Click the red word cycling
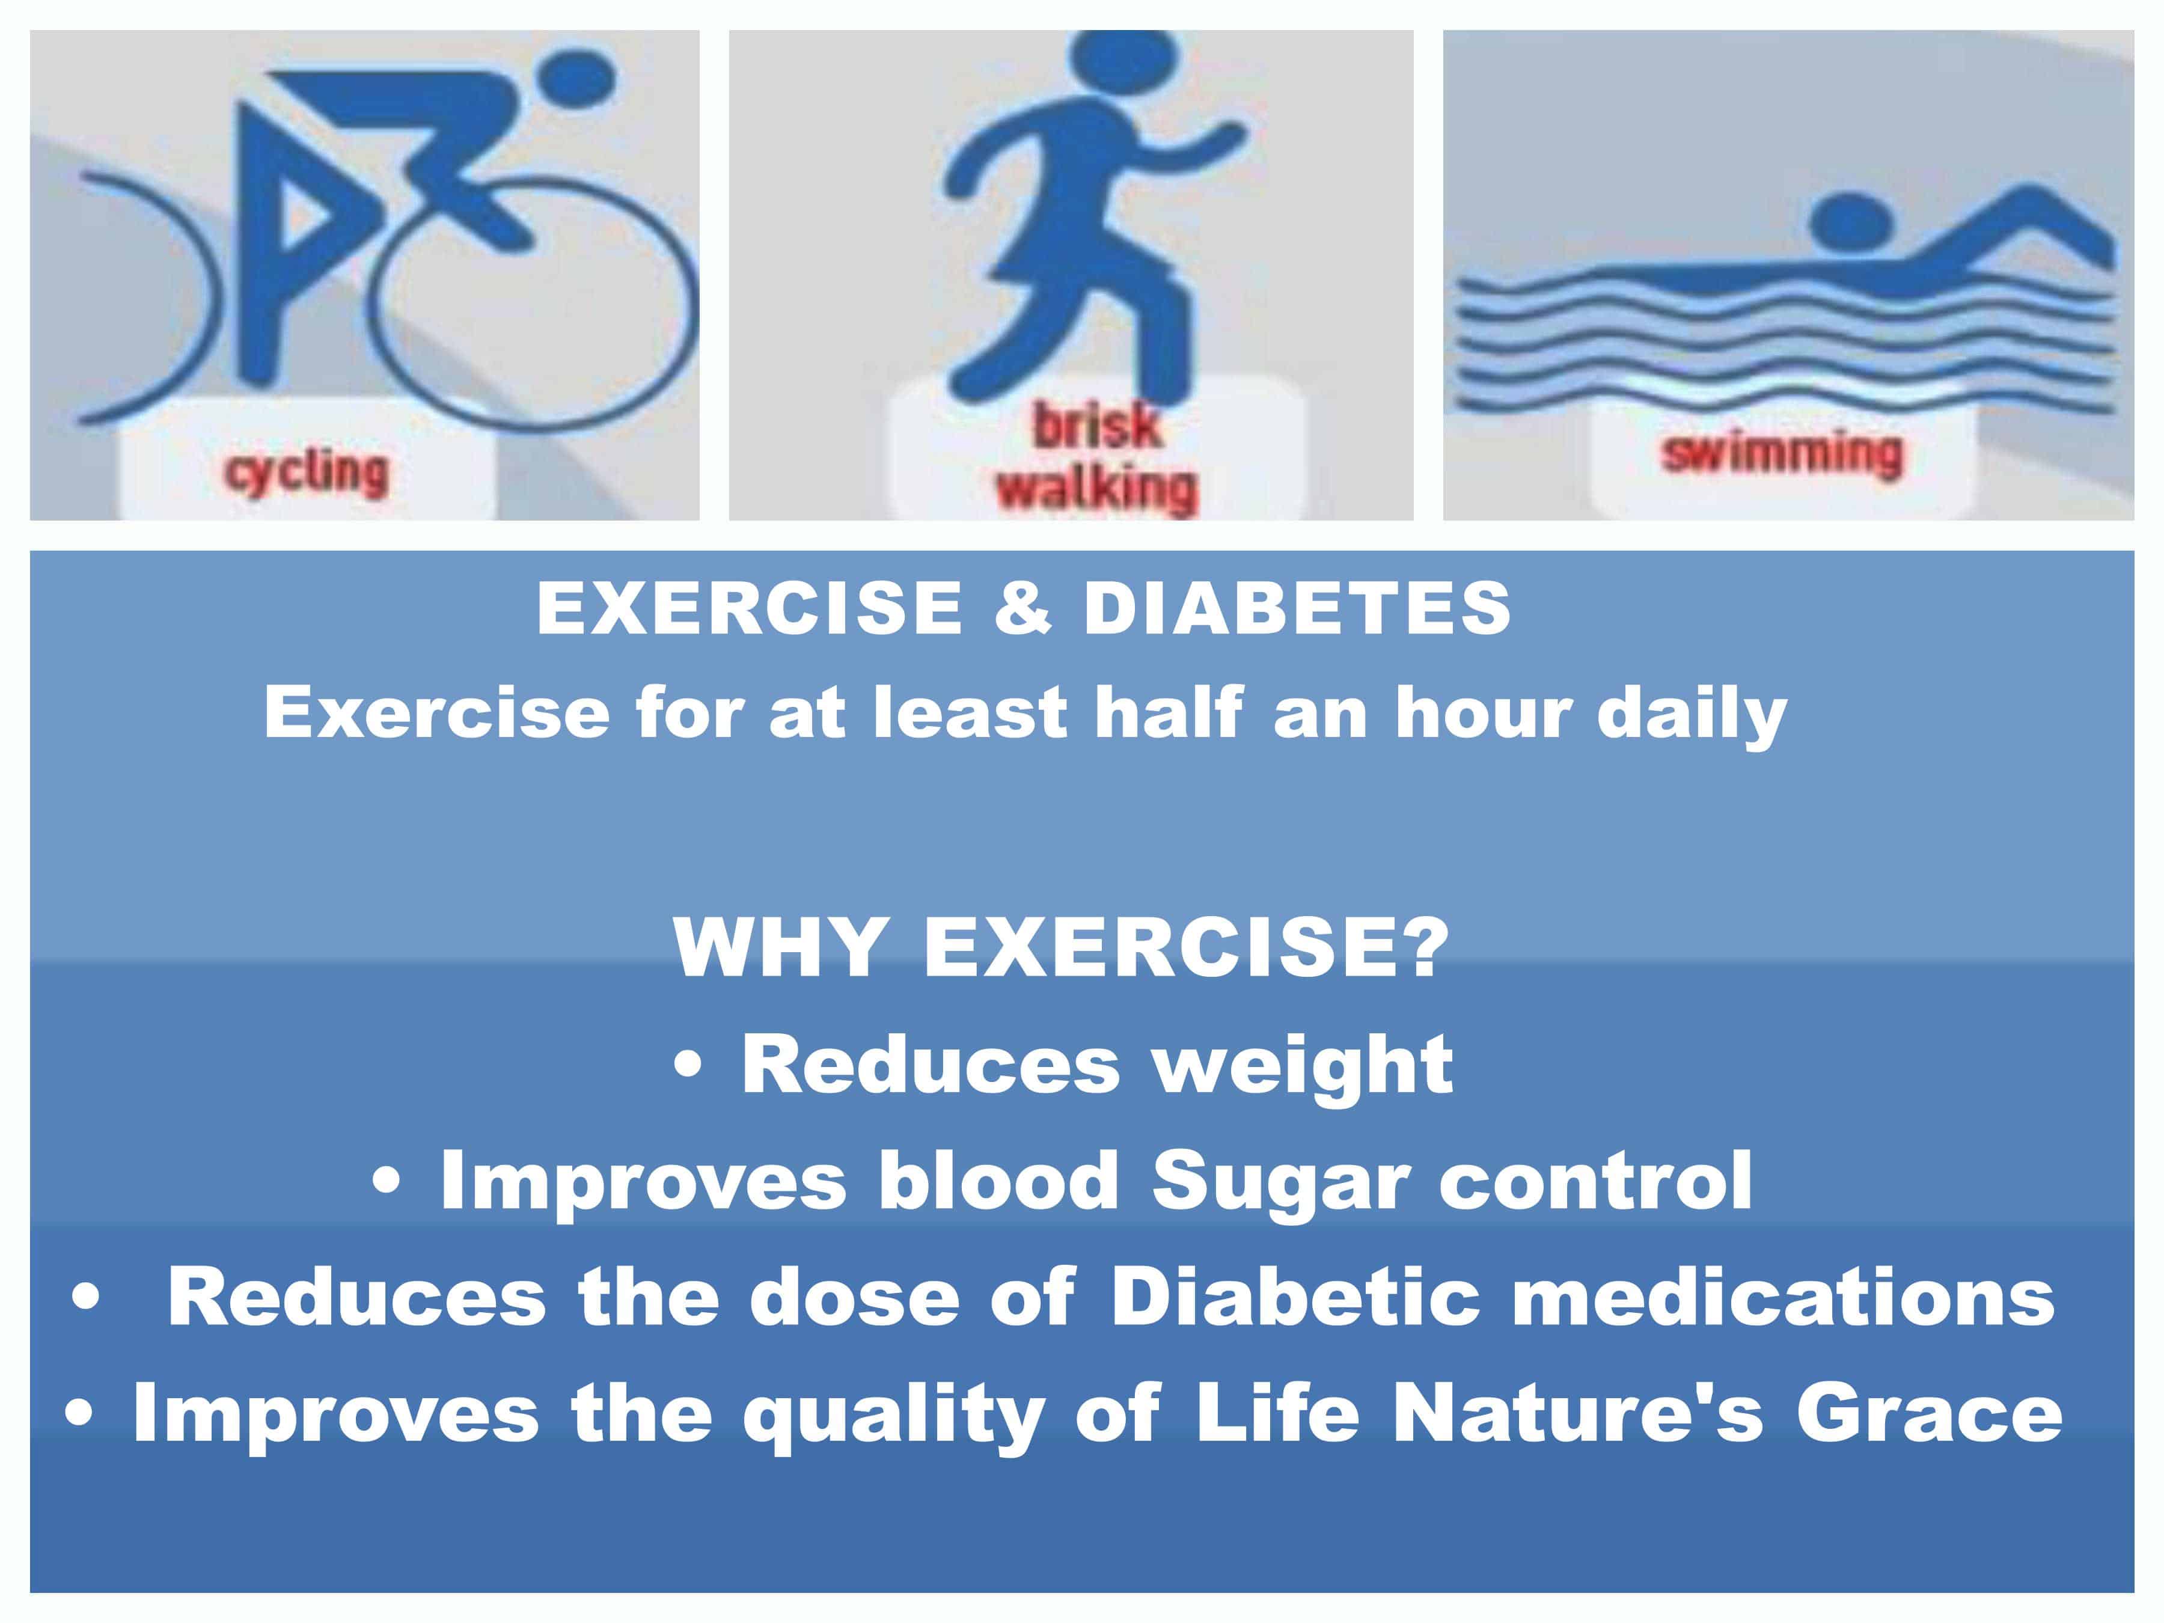tap(306, 474)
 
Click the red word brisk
tap(1096, 427)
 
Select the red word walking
tap(1096, 488)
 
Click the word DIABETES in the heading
tap(1297, 608)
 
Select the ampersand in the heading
tap(1022, 608)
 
